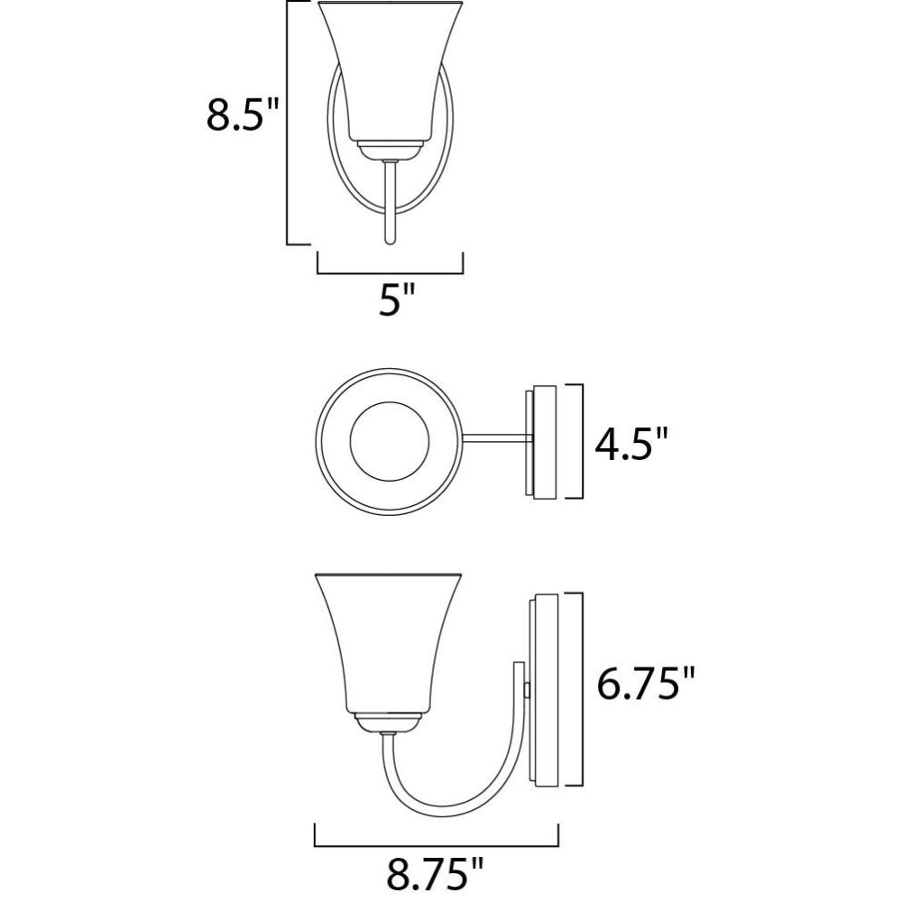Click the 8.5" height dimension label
[242, 115]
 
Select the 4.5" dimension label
[631, 444]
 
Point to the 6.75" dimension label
[646, 683]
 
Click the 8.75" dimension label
[435, 874]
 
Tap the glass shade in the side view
[389, 643]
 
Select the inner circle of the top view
[390, 441]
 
